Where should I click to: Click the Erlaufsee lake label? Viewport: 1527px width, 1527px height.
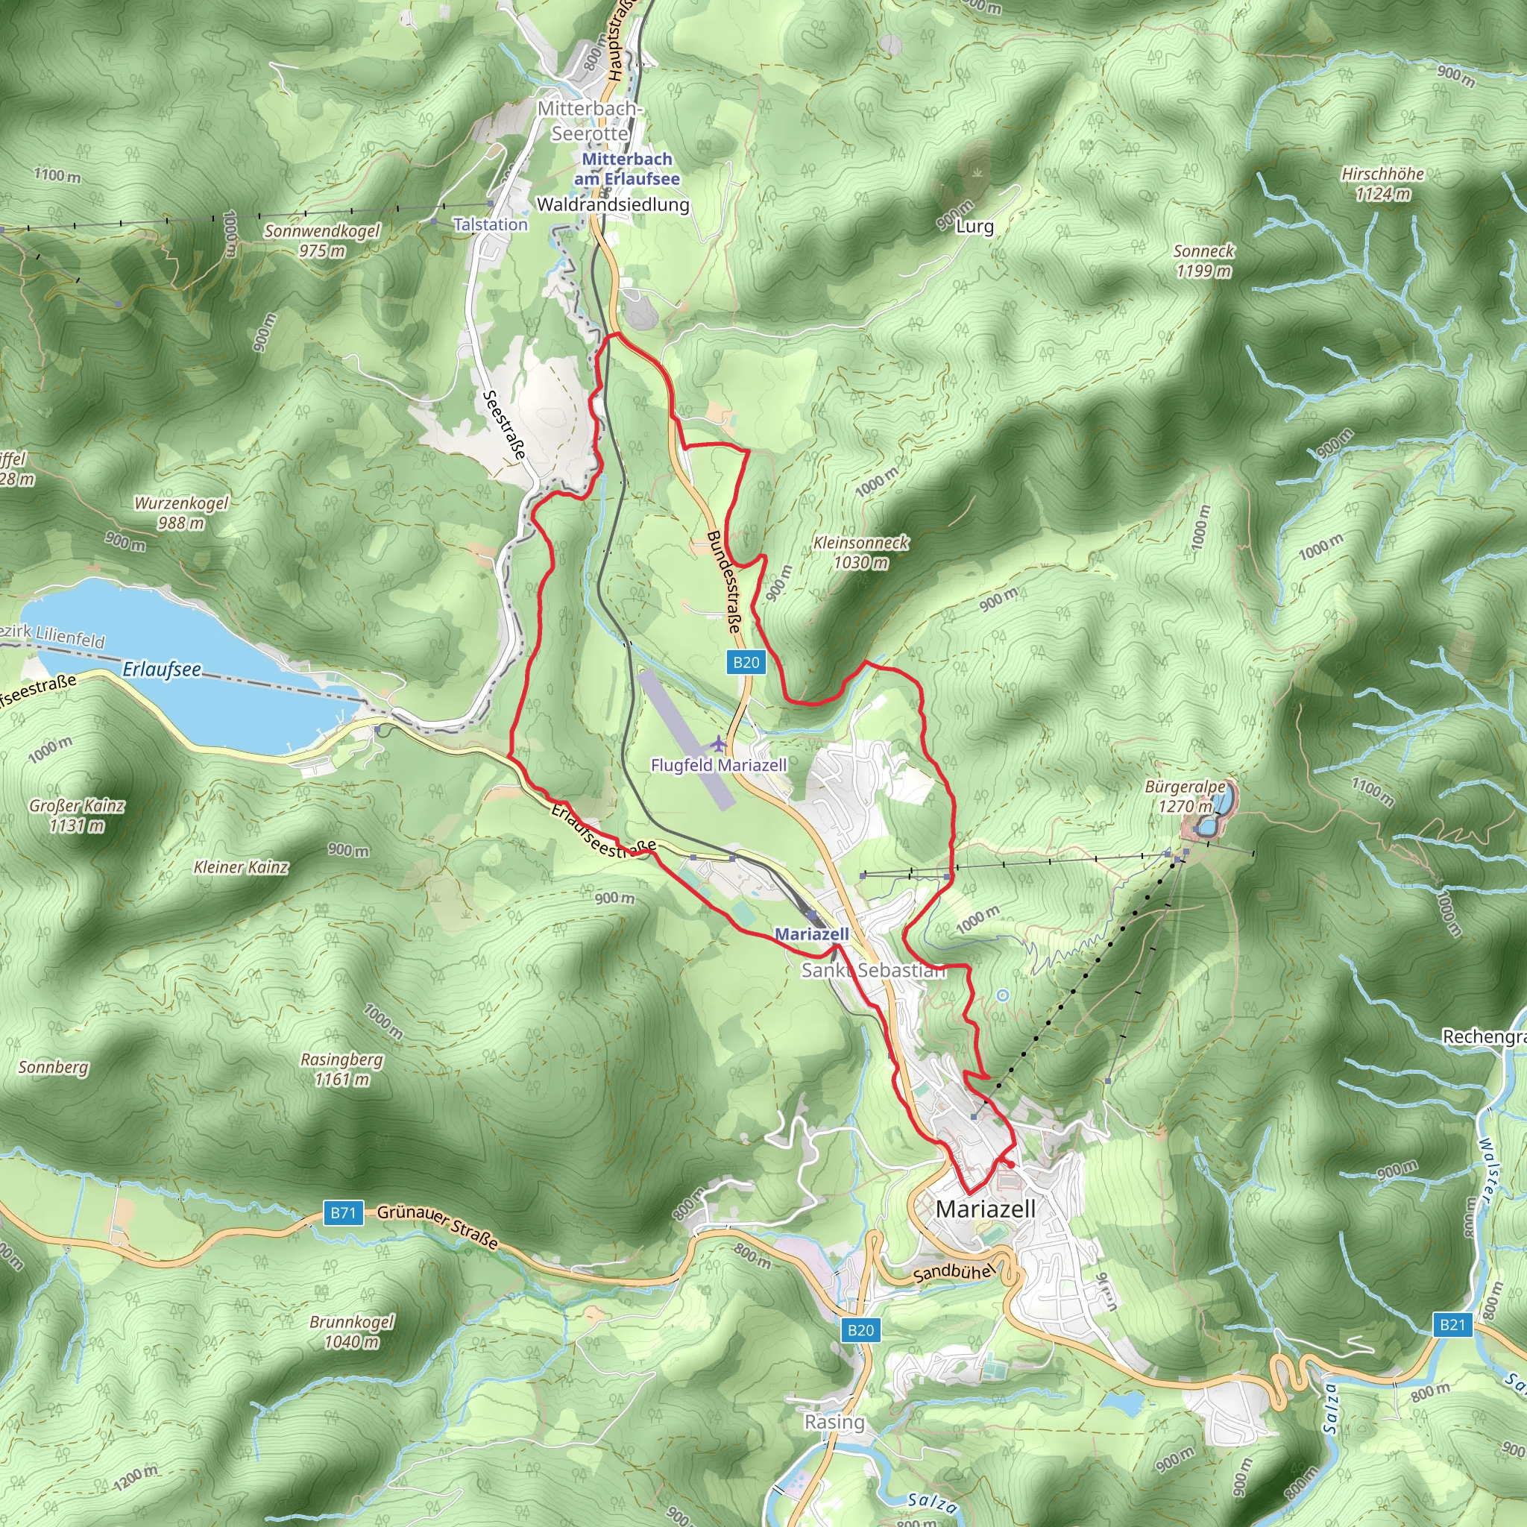click(x=161, y=670)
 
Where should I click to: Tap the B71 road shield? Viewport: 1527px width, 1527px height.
click(x=343, y=1212)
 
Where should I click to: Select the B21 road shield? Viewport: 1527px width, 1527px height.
click(x=1452, y=1325)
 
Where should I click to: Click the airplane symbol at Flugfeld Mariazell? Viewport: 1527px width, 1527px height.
click(x=718, y=743)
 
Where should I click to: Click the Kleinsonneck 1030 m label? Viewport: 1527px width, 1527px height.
click(x=860, y=552)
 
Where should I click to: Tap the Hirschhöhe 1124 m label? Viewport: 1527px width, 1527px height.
click(x=1382, y=183)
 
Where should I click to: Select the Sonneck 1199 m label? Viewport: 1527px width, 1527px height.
click(x=1203, y=261)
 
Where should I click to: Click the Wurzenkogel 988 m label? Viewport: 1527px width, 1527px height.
click(x=181, y=512)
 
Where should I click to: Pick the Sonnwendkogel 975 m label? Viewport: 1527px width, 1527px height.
click(x=321, y=240)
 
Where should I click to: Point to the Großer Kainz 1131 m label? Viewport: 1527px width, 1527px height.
click(x=77, y=815)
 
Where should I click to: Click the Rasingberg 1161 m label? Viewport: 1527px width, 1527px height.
click(x=341, y=1068)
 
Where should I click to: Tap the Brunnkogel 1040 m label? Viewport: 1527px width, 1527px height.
click(x=352, y=1331)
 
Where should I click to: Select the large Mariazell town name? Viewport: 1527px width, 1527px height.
click(x=985, y=1209)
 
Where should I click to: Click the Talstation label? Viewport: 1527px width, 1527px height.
click(x=490, y=224)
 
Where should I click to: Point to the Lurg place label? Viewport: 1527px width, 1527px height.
click(x=975, y=226)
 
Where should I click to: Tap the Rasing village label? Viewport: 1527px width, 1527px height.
click(x=834, y=1422)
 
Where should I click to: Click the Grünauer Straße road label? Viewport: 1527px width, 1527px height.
click(x=437, y=1226)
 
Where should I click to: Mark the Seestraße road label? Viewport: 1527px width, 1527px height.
click(x=504, y=424)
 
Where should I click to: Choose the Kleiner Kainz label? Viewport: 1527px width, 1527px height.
click(x=241, y=867)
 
